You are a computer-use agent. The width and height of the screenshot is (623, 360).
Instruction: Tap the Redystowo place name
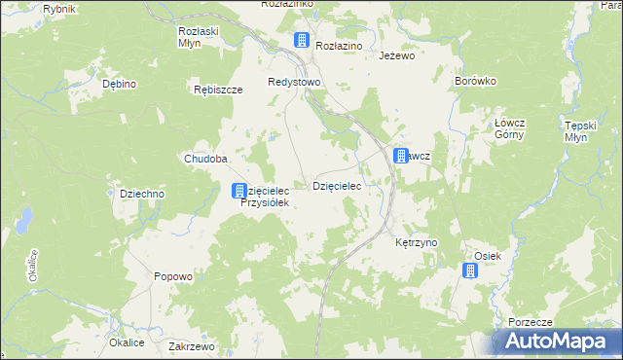click(x=295, y=82)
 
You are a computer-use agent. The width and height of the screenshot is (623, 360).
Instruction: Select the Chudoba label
click(x=205, y=159)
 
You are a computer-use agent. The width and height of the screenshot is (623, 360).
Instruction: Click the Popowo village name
click(x=173, y=276)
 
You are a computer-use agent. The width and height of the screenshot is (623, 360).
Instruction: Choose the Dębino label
click(x=119, y=85)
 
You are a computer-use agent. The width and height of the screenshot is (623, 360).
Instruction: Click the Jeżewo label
click(x=396, y=56)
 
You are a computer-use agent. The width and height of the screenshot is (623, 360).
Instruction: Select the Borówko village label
click(x=476, y=82)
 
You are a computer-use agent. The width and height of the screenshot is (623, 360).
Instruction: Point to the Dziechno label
click(x=142, y=194)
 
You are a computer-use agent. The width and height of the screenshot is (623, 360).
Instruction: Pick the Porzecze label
click(x=530, y=322)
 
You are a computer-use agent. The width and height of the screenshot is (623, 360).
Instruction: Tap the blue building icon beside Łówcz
click(x=400, y=156)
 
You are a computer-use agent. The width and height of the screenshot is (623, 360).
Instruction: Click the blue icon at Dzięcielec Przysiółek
click(x=238, y=192)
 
